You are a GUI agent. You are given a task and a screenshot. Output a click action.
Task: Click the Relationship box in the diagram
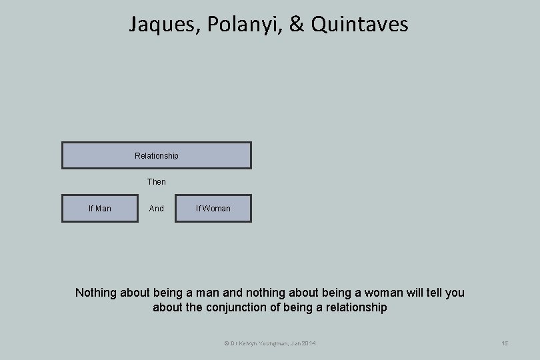157,155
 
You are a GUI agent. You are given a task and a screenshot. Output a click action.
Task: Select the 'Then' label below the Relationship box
157,181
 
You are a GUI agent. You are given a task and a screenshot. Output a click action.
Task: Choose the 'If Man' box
100,209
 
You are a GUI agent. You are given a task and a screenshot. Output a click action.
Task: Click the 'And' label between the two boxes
157,209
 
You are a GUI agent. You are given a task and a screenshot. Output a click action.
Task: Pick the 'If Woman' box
213,209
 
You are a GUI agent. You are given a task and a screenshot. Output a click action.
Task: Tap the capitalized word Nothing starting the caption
96,293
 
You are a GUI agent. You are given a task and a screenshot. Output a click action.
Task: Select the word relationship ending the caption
356,307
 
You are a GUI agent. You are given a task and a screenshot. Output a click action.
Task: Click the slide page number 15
505,343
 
